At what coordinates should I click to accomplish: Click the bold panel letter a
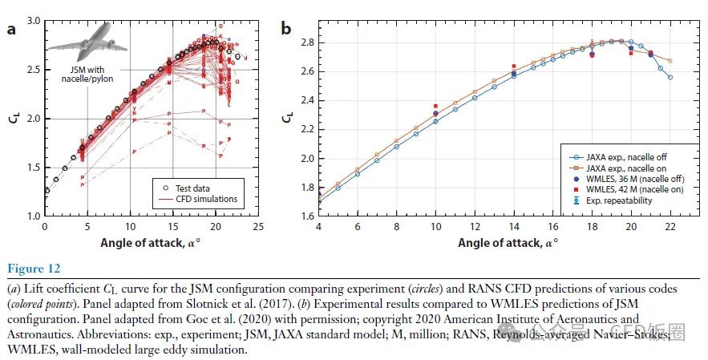tap(12, 30)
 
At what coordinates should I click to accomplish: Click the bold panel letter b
tap(285, 30)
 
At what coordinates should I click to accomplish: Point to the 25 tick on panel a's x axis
tap(258, 227)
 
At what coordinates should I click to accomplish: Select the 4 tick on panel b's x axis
tap(319, 227)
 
